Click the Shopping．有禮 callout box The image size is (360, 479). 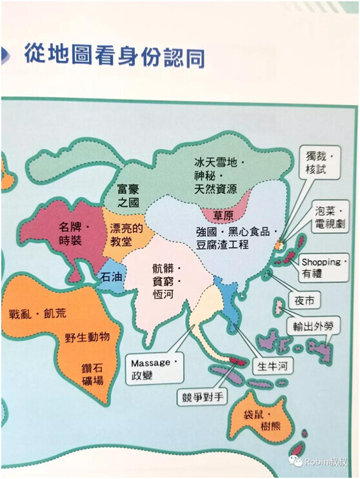point(325,268)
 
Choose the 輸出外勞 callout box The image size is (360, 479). point(314,326)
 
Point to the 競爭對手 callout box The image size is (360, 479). point(203,396)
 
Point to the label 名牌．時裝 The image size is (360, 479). point(74,233)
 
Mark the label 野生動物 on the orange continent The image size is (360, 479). point(92,337)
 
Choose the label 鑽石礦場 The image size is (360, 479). point(92,374)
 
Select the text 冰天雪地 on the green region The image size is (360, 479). point(220,162)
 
